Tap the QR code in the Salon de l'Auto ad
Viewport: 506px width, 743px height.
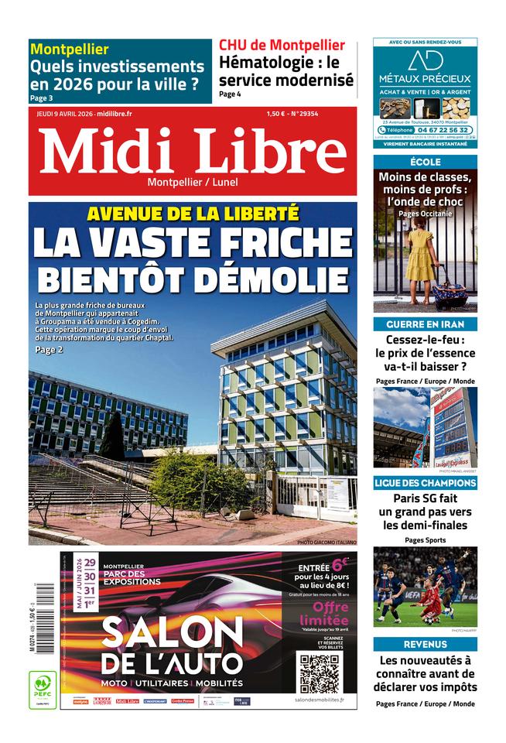pos(319,672)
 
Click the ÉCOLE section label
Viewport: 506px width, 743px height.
pos(425,162)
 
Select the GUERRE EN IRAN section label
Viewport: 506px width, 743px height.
pos(425,324)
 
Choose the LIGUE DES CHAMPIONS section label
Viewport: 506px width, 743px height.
pos(425,483)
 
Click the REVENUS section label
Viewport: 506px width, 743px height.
pos(425,644)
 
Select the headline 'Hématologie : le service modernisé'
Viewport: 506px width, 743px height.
pos(285,71)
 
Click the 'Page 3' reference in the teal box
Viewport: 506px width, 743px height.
pos(42,98)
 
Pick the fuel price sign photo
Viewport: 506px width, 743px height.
pos(425,427)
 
